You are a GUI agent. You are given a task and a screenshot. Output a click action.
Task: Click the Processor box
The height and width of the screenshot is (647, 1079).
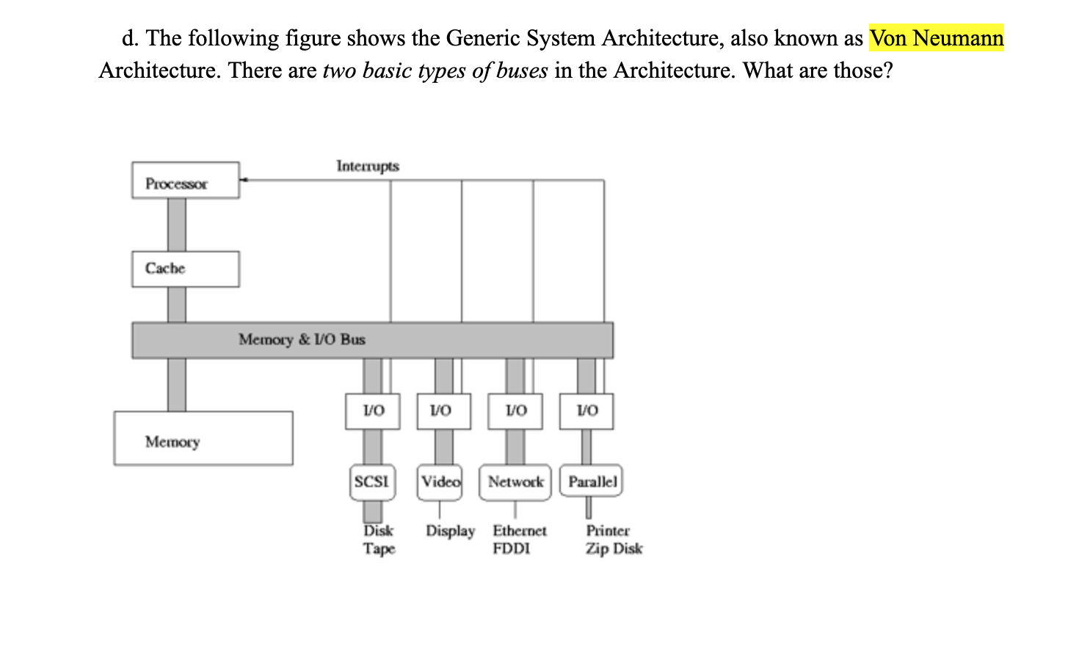pyautogui.click(x=186, y=180)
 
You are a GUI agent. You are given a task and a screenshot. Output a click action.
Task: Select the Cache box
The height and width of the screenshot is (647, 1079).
pyautogui.click(x=186, y=268)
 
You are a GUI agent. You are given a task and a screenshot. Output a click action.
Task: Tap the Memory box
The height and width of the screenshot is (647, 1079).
pyautogui.click(x=203, y=439)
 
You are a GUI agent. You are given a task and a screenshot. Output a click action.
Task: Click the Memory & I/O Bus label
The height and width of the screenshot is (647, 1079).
pyautogui.click(x=302, y=340)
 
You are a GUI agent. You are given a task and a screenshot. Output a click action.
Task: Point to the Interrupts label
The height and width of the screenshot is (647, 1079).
pyautogui.click(x=368, y=166)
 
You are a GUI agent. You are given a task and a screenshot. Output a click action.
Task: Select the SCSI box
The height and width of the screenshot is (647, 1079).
pyautogui.click(x=372, y=482)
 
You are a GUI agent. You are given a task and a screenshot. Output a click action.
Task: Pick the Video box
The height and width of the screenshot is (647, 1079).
pyautogui.click(x=440, y=482)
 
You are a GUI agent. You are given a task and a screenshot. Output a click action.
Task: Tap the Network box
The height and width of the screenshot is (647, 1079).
pyautogui.click(x=515, y=482)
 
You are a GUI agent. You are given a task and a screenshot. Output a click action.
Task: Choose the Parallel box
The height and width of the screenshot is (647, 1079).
pyautogui.click(x=592, y=482)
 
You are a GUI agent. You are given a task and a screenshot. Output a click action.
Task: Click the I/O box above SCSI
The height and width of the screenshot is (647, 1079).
pyautogui.click(x=373, y=411)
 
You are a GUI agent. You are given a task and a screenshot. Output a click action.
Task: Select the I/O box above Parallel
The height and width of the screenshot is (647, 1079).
pyautogui.click(x=586, y=411)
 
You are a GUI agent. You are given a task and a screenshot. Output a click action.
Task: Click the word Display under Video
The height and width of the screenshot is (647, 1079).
pyautogui.click(x=451, y=530)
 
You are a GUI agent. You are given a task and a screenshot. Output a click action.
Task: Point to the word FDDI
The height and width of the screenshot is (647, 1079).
pyautogui.click(x=512, y=549)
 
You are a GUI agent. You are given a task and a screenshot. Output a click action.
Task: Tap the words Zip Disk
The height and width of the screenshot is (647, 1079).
pyautogui.click(x=614, y=549)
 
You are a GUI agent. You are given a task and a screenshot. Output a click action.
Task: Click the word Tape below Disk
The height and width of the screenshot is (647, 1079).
pyautogui.click(x=379, y=549)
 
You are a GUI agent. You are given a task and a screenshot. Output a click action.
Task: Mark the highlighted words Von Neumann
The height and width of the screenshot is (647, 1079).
pyautogui.click(x=937, y=38)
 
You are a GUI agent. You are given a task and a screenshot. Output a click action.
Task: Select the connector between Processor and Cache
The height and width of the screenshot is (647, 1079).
pyautogui.click(x=177, y=224)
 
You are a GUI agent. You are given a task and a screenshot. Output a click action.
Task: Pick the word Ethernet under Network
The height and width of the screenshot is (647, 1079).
pyautogui.click(x=520, y=530)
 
